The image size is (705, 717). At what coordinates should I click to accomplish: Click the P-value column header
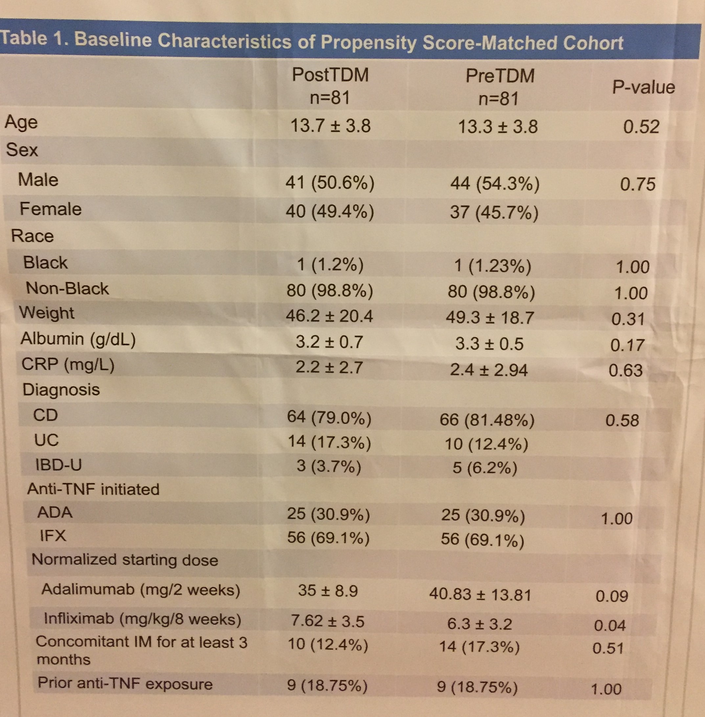point(643,88)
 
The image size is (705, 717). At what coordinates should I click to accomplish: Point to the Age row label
point(21,122)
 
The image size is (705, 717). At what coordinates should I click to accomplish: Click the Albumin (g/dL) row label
point(78,339)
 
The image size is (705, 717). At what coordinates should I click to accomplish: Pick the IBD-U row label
point(58,465)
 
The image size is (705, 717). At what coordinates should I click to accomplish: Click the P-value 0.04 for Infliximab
point(609,625)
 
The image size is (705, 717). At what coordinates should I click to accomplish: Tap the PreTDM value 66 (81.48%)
point(487,420)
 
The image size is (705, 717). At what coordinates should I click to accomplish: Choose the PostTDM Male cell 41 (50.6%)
point(330,183)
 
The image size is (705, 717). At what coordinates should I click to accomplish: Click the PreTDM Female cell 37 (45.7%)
point(494,213)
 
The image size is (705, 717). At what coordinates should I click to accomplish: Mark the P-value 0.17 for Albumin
point(627,345)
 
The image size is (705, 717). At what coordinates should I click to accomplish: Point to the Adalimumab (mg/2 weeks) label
point(141,589)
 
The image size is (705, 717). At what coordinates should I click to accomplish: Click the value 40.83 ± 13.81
point(480,595)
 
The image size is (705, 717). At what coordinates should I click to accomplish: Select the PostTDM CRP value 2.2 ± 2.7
point(329,367)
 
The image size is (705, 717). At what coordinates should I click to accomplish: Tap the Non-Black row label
point(67,289)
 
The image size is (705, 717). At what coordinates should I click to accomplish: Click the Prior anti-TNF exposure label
point(125,683)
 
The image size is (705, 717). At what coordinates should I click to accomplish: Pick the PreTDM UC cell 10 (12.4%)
point(486,444)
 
